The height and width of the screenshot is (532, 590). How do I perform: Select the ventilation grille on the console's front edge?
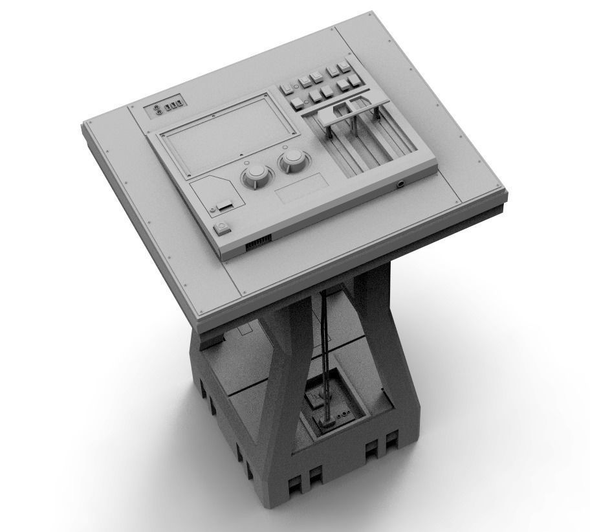257,245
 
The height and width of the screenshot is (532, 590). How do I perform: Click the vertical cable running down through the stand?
325,349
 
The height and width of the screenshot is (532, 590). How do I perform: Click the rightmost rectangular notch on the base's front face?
391,443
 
